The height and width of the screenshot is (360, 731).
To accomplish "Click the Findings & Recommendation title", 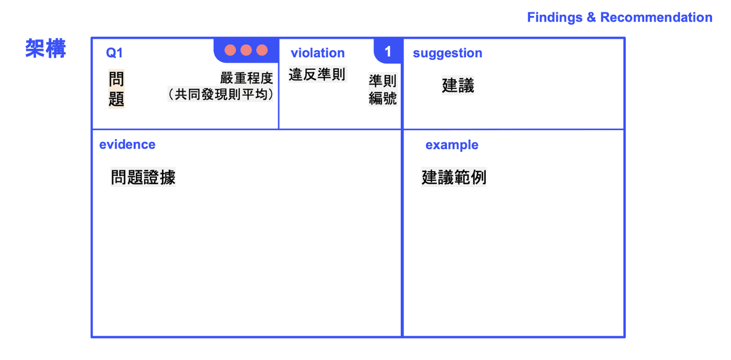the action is click(619, 17).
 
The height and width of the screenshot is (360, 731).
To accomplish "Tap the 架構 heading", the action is click(46, 49).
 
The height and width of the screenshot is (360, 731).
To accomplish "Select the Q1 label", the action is click(114, 53).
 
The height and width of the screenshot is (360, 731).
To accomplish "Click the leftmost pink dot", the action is click(230, 50).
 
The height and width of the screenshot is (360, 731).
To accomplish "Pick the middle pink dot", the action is click(246, 50).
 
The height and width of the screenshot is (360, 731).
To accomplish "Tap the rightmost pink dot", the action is click(262, 50).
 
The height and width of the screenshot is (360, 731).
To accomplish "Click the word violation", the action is click(318, 53).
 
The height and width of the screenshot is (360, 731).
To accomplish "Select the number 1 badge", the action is click(388, 51).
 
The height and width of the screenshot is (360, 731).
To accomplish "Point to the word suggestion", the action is click(447, 53).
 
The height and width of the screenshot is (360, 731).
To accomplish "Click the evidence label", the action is click(127, 145).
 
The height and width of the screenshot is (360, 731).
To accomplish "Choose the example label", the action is click(451, 145).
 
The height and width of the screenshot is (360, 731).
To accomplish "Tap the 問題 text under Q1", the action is click(117, 89).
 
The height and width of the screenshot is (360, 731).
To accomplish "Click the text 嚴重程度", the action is click(246, 78).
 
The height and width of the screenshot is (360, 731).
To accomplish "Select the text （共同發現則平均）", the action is click(220, 95).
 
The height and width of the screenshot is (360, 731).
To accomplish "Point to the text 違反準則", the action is click(317, 74).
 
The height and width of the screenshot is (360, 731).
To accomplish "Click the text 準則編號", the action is click(383, 89).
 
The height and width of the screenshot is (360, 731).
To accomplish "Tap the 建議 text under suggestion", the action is click(458, 85).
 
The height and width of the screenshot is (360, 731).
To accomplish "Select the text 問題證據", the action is click(143, 177).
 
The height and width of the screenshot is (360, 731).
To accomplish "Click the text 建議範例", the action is click(453, 177).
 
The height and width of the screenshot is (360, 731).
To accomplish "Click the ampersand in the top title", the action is click(591, 17).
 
